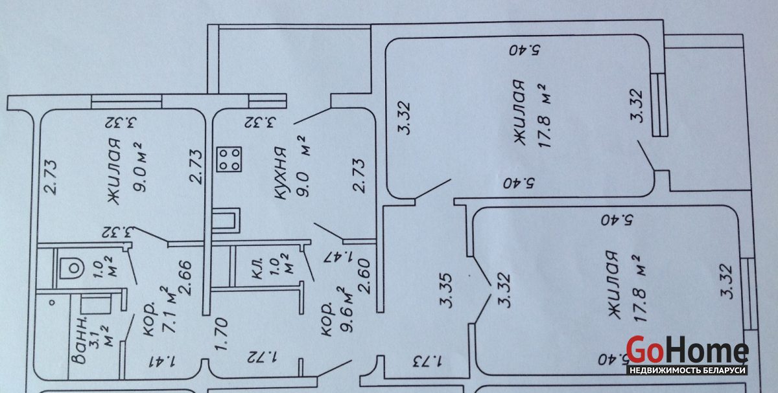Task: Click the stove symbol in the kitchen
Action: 229,159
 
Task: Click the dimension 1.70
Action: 220,331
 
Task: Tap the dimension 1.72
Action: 262,356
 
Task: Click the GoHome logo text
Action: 687,351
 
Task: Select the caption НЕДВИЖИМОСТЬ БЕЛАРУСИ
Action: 687,370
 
